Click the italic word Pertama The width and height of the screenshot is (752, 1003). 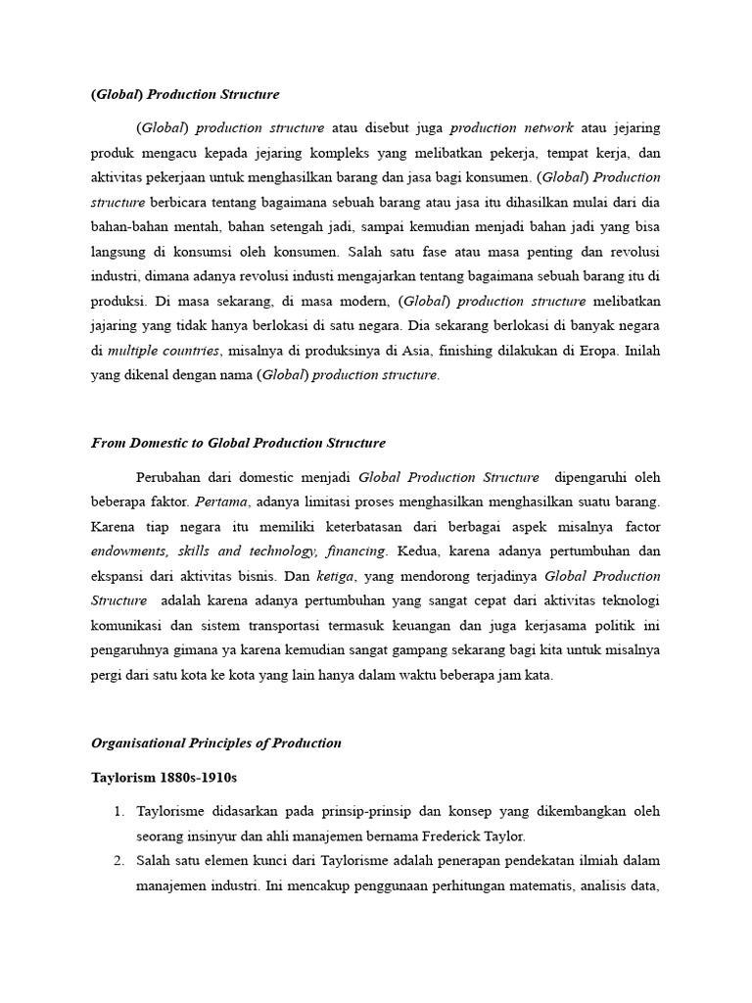coord(221,502)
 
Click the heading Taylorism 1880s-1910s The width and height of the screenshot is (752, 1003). coord(164,777)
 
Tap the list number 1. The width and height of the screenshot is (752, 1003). coord(117,811)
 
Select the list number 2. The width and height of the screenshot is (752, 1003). coord(117,861)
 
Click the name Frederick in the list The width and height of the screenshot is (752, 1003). coord(435,836)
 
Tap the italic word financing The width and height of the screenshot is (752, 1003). coord(359,550)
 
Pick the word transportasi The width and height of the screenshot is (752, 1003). coord(316,626)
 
